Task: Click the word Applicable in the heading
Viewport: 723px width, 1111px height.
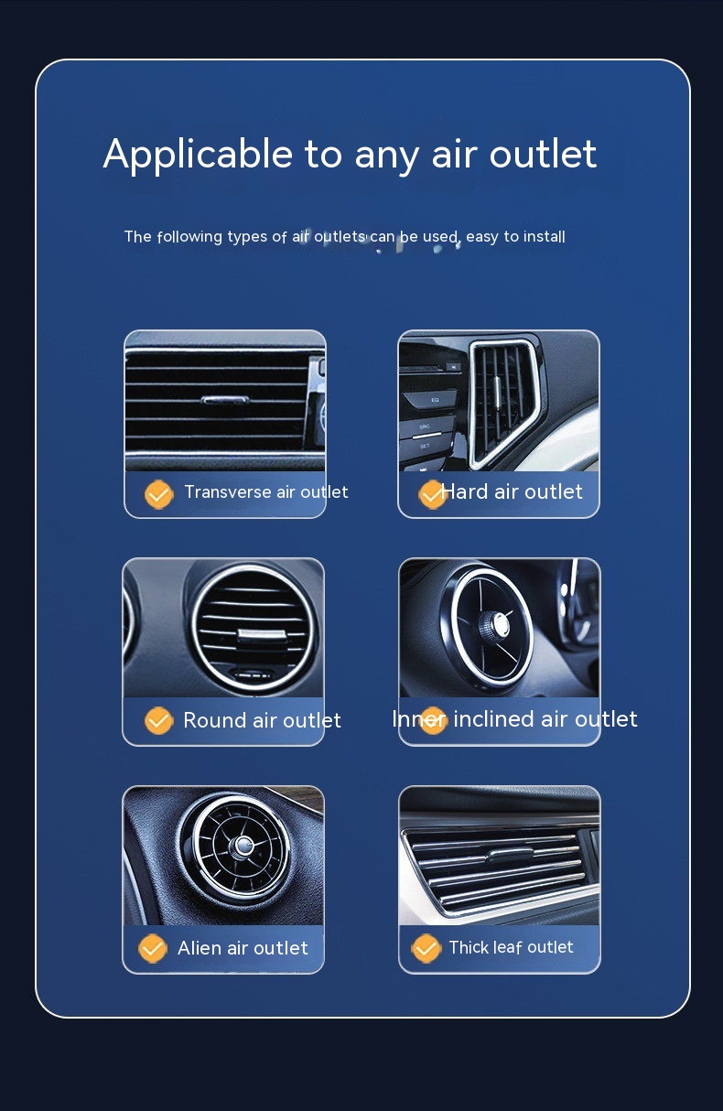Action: click(198, 155)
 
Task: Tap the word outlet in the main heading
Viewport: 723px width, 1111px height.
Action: click(543, 154)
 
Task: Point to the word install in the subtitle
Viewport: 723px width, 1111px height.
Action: click(545, 236)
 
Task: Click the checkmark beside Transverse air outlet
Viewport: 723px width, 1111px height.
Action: click(158, 494)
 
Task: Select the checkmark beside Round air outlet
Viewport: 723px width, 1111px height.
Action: click(158, 720)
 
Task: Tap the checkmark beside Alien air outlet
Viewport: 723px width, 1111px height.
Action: click(153, 948)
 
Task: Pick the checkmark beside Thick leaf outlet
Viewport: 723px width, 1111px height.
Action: click(426, 948)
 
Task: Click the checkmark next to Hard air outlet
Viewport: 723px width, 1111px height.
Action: click(432, 494)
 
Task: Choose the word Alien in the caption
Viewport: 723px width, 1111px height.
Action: click(200, 948)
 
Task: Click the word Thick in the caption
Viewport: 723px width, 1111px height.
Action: click(469, 947)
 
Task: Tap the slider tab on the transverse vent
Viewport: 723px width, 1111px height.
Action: click(225, 400)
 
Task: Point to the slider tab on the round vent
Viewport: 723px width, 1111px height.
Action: click(263, 634)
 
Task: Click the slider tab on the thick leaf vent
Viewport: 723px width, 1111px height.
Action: click(511, 853)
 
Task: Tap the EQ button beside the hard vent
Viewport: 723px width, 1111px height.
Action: click(430, 400)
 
